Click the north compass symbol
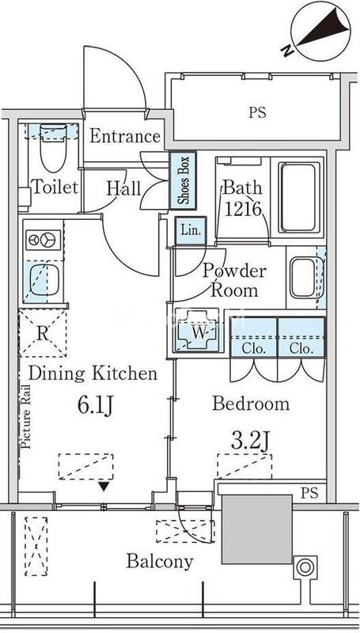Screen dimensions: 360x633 tap(320, 31)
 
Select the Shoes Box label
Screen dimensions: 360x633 tap(184, 180)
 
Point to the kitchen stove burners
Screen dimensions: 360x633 tap(44, 241)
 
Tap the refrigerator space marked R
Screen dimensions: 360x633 tap(43, 333)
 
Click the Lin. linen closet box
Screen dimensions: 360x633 tap(191, 231)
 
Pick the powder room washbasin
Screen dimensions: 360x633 tap(303, 279)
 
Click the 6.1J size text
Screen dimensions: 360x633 tap(94, 406)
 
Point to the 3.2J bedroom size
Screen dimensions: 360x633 tap(250, 442)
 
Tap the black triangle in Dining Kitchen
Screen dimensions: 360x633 tap(104, 487)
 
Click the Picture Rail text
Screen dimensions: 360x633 tap(26, 416)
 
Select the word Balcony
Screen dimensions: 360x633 tap(160, 561)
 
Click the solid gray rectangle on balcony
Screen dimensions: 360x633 tap(256, 529)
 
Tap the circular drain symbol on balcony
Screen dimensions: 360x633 tap(305, 567)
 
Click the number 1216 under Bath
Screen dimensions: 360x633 tap(244, 209)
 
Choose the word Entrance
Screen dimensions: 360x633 tap(125, 136)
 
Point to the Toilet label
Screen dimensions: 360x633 tap(55, 187)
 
